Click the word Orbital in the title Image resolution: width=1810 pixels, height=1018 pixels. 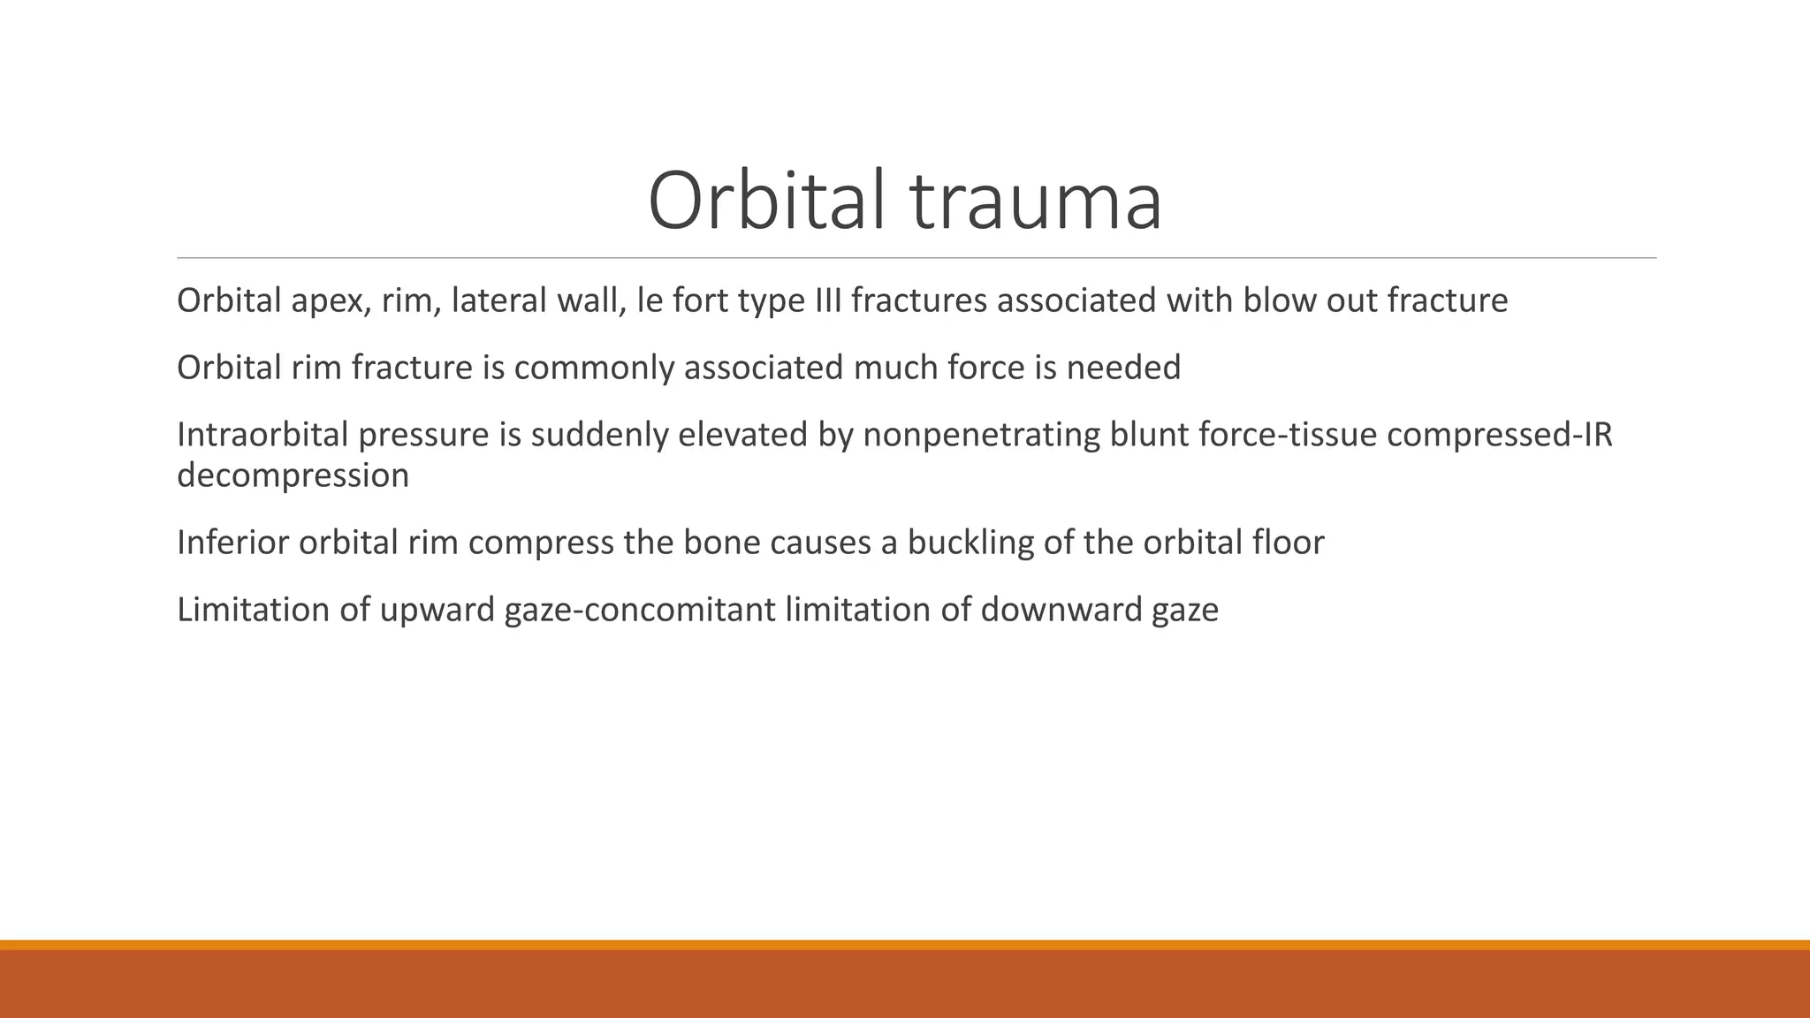pyautogui.click(x=765, y=201)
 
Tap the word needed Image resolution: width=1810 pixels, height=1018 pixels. pyautogui.click(x=1122, y=368)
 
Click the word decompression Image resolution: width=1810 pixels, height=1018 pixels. pyautogui.click(x=293, y=475)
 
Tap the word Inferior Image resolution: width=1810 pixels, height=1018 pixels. pyautogui.click(x=232, y=543)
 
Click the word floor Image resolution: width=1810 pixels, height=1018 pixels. pyautogui.click(x=1288, y=543)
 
